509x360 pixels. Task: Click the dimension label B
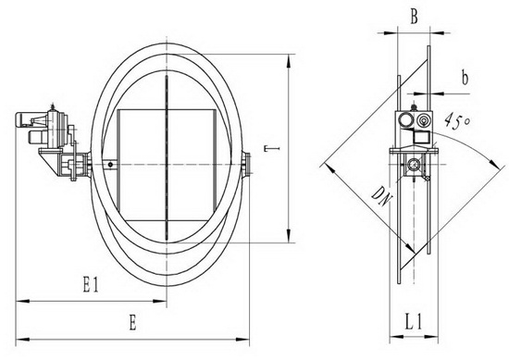(x=414, y=17)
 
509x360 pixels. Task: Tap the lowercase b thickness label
(x=465, y=78)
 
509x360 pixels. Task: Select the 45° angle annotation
(x=457, y=121)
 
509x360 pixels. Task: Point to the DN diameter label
(x=381, y=196)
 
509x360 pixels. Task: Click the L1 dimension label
(x=414, y=322)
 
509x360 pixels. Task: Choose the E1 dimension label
(x=91, y=284)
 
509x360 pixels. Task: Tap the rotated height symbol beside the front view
(x=272, y=149)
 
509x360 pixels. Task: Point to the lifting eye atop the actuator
(x=53, y=106)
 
